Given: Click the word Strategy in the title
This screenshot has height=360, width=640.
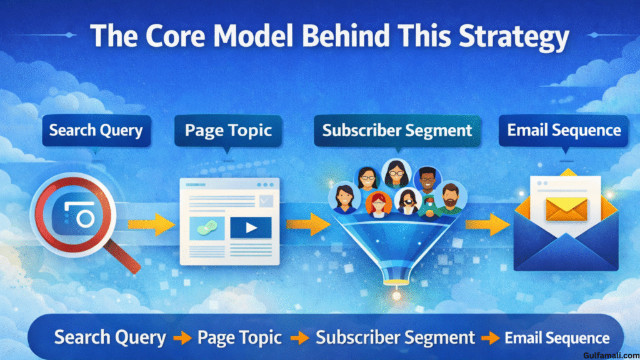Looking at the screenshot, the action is pyautogui.click(x=514, y=37).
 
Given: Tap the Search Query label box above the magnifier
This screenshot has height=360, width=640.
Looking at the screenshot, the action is pyautogui.click(x=96, y=131).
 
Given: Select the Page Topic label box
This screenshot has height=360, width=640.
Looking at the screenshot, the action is pyautogui.click(x=228, y=131).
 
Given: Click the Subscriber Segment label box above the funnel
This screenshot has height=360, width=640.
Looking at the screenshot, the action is pyautogui.click(x=397, y=131).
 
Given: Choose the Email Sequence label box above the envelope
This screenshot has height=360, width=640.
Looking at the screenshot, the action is pyautogui.click(x=564, y=131).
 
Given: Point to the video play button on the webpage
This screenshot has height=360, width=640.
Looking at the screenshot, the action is pyautogui.click(x=251, y=227).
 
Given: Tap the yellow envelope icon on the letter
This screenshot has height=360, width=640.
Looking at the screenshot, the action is pyautogui.click(x=566, y=209).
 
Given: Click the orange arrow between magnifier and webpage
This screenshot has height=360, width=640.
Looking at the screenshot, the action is pyautogui.click(x=151, y=224).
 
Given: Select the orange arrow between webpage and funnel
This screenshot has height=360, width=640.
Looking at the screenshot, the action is pyautogui.click(x=308, y=224).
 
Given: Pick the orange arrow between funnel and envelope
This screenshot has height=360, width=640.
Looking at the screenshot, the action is pyautogui.click(x=487, y=224).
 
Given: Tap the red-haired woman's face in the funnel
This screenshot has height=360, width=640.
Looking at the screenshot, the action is pyautogui.click(x=378, y=204).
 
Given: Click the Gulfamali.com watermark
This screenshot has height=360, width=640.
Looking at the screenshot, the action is pyautogui.click(x=611, y=356).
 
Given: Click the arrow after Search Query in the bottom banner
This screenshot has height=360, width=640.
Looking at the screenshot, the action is pyautogui.click(x=182, y=338).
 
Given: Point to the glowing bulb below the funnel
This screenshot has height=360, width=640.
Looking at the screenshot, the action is pyautogui.click(x=396, y=295).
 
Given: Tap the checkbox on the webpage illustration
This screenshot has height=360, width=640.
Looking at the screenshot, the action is pyautogui.click(x=266, y=201).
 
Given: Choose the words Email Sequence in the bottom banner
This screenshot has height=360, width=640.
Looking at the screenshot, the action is pyautogui.click(x=557, y=338).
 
